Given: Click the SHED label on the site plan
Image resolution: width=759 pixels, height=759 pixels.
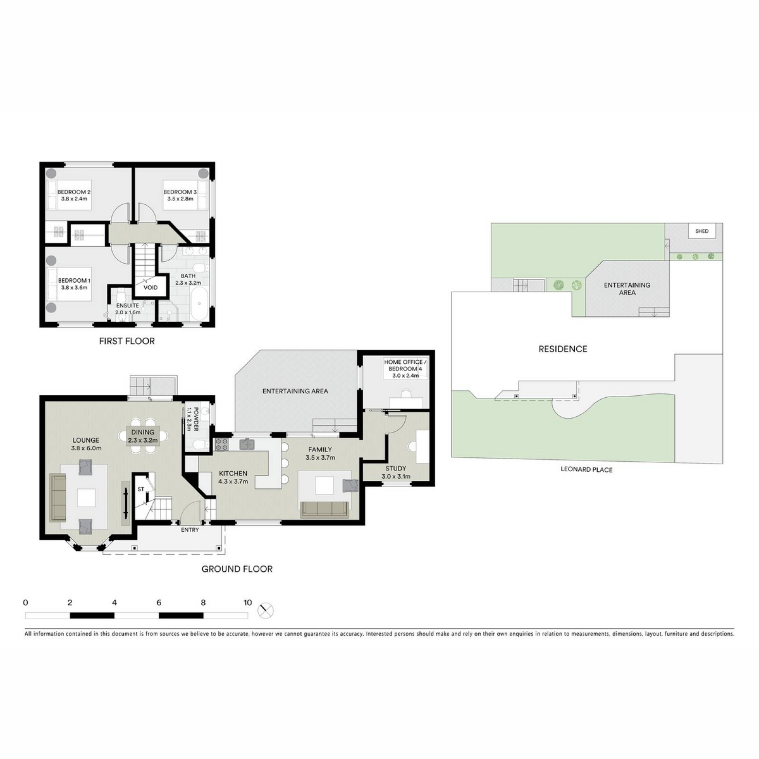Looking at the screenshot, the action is (x=702, y=231).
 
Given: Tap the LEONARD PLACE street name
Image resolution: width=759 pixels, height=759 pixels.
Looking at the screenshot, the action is (x=587, y=470).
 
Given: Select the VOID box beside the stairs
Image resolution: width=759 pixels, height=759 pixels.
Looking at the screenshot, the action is (x=150, y=287).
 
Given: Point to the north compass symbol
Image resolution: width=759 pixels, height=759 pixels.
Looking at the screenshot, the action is (x=266, y=610).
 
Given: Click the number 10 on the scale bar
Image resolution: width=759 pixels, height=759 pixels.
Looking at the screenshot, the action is (x=247, y=602).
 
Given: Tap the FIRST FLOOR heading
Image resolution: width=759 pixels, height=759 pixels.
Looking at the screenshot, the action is (x=127, y=341).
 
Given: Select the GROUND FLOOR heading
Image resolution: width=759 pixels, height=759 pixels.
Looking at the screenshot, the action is (x=237, y=569).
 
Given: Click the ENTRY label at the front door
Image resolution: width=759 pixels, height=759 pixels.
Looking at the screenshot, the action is (x=190, y=530).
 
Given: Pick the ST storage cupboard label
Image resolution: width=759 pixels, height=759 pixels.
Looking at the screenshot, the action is (x=141, y=489).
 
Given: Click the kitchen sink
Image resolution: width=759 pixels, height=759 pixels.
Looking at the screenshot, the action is (x=247, y=444).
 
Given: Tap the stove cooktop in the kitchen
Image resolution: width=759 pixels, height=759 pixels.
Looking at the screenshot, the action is (x=221, y=444).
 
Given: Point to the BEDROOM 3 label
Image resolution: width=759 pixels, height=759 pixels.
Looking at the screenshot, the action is (x=180, y=192).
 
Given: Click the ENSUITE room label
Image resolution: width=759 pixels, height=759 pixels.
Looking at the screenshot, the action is (x=128, y=306).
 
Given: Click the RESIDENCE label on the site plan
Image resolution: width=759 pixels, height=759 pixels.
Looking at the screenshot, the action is (x=563, y=349).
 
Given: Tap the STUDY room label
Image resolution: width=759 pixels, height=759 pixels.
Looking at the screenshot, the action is (x=396, y=468).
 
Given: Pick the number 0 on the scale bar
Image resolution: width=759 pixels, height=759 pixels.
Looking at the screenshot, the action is (x=26, y=602).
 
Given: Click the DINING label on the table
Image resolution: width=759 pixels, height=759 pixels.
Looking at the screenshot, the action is (x=143, y=432).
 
